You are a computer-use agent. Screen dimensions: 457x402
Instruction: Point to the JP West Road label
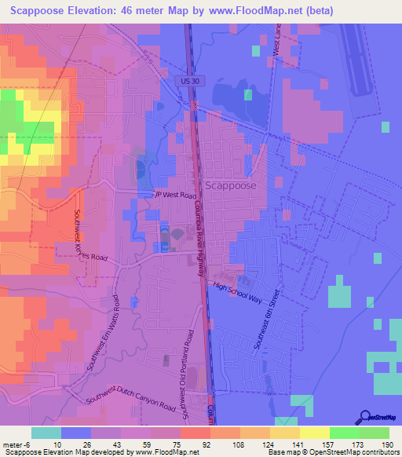coord(175,195)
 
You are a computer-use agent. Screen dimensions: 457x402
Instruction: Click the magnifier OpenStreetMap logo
coord(364,416)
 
